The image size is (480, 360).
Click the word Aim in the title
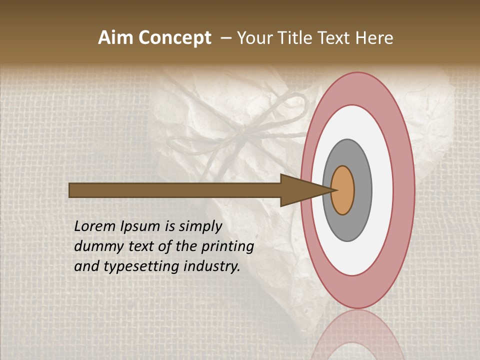pyautogui.click(x=116, y=38)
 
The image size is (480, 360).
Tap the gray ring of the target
pyautogui.click(x=363, y=190)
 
